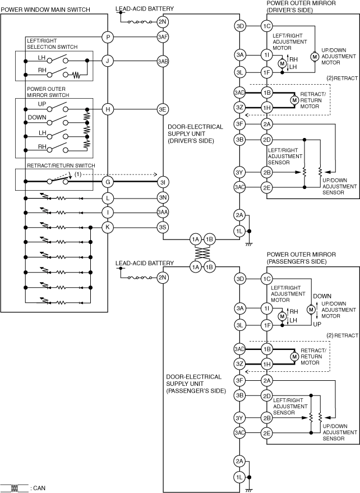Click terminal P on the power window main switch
coord(108,38)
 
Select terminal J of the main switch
coord(108,61)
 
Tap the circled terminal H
coord(108,109)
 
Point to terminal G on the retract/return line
coord(108,181)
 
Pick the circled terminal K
coord(108,227)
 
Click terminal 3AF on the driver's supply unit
coord(163,37)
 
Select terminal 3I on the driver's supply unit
coord(163,181)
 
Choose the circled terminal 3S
coord(163,227)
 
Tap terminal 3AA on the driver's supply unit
coord(163,212)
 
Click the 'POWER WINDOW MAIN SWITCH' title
coord(45,10)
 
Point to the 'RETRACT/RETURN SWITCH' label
coord(61,165)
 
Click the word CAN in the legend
coord(39,488)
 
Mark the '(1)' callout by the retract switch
coord(77,174)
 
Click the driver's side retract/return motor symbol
coord(294,100)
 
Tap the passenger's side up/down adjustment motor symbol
coord(311,310)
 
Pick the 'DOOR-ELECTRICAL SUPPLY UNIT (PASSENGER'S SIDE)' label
coord(196,384)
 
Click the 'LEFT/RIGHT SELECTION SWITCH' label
coord(52,44)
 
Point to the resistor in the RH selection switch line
coord(76,75)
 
